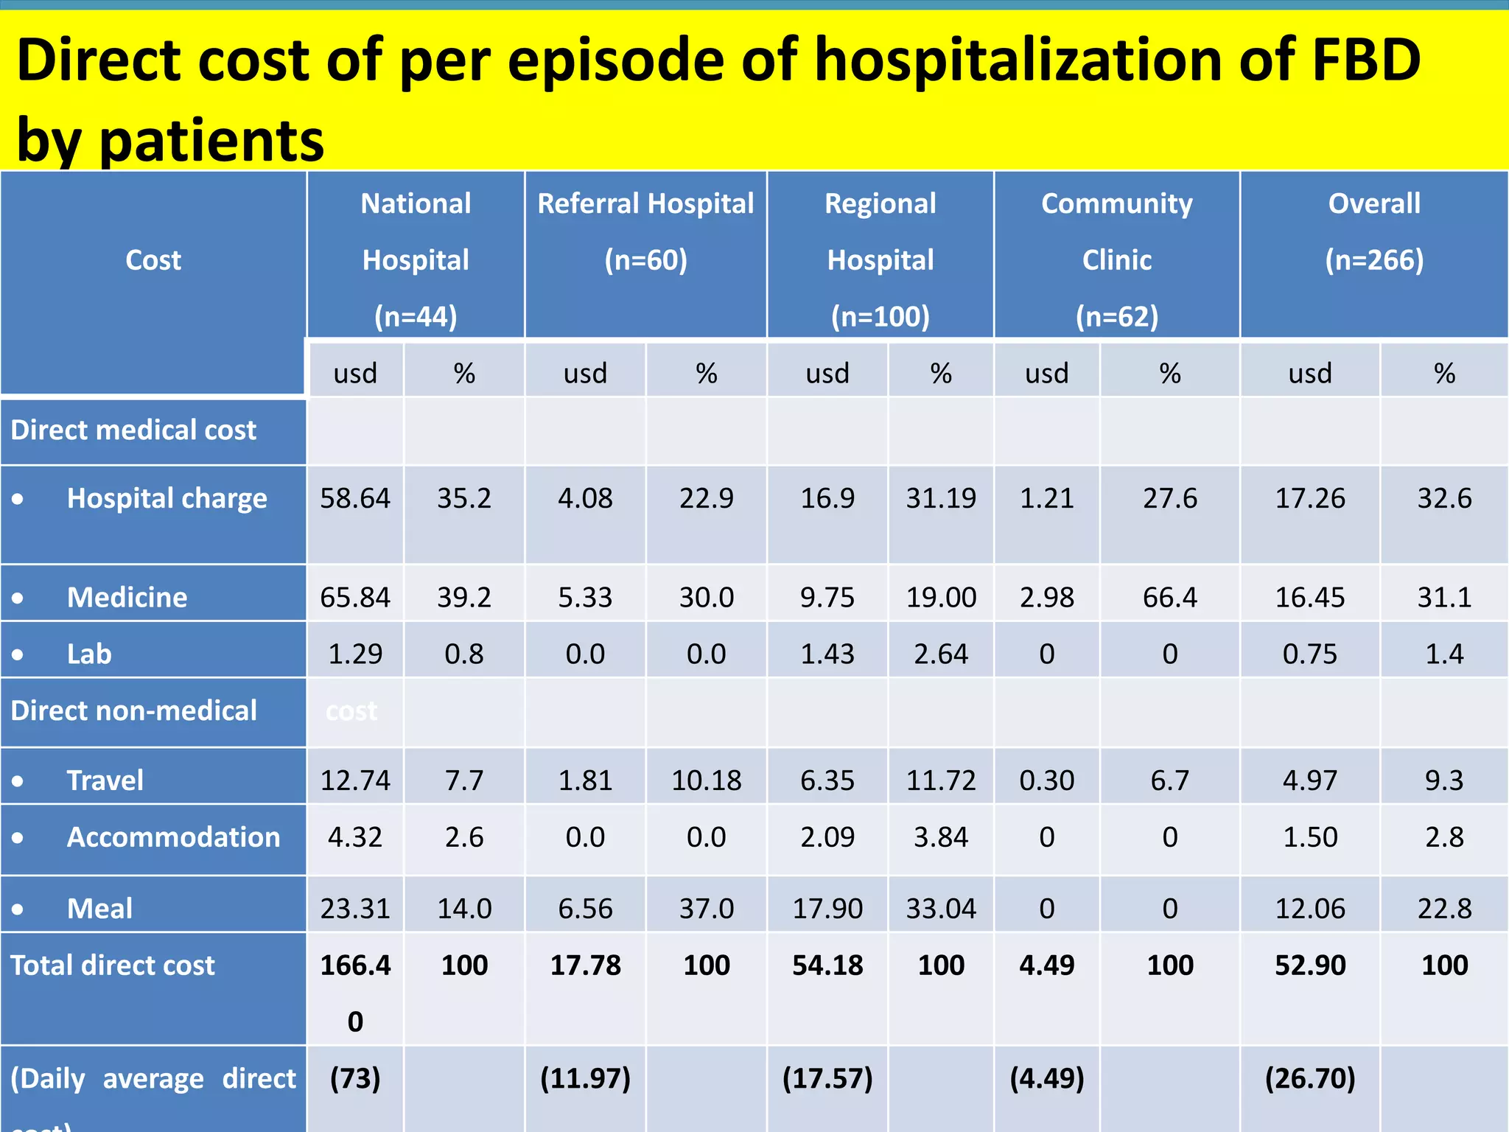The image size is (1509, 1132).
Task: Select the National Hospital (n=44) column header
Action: click(x=416, y=259)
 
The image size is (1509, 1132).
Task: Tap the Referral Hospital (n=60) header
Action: click(x=645, y=231)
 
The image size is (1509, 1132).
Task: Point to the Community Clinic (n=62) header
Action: click(x=1116, y=259)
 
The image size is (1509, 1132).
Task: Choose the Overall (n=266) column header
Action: click(x=1374, y=231)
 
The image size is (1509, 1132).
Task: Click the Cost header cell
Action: click(x=153, y=260)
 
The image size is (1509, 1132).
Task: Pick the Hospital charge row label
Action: click(x=167, y=499)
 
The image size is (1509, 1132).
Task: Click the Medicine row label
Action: click(x=127, y=597)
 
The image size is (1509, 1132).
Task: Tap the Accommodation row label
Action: click(x=173, y=837)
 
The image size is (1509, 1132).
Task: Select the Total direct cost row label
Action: click(x=113, y=965)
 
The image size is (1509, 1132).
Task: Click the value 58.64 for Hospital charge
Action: click(x=355, y=499)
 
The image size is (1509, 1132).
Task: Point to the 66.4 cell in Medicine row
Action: click(x=1169, y=597)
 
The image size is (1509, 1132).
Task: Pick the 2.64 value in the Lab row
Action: click(x=941, y=654)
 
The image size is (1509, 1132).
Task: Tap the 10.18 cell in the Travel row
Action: click(x=706, y=780)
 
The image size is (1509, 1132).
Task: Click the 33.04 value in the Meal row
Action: click(x=941, y=909)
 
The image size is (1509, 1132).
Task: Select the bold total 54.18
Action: click(x=827, y=965)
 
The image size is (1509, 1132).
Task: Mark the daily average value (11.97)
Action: click(x=585, y=1079)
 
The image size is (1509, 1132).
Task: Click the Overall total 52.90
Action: click(x=1310, y=965)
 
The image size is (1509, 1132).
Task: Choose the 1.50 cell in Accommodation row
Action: click(x=1310, y=837)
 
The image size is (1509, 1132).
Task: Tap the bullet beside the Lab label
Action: click(x=18, y=654)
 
